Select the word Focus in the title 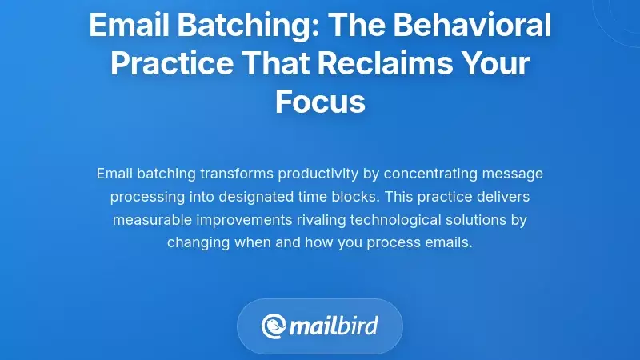[320, 102]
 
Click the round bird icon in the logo [273, 326]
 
